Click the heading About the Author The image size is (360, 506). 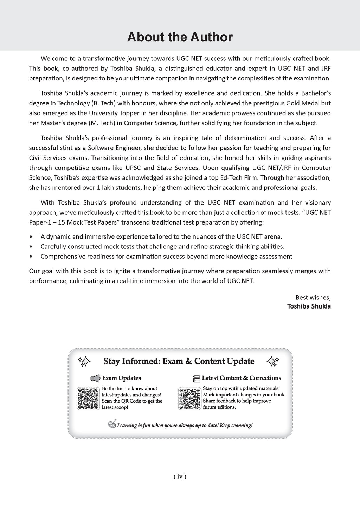click(x=180, y=37)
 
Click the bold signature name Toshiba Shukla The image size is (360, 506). click(x=309, y=306)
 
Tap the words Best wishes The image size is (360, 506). click(x=313, y=297)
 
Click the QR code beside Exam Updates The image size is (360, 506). click(x=88, y=398)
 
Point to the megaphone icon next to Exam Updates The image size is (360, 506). click(x=95, y=378)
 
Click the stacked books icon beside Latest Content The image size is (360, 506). click(x=197, y=378)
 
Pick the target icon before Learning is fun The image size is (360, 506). click(x=112, y=424)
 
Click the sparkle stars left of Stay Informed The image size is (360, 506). click(x=84, y=362)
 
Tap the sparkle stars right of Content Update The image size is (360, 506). click(x=273, y=361)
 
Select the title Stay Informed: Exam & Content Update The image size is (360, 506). click(x=179, y=361)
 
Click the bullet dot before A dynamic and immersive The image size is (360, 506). click(x=32, y=237)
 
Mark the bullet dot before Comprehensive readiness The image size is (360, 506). click(x=32, y=257)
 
